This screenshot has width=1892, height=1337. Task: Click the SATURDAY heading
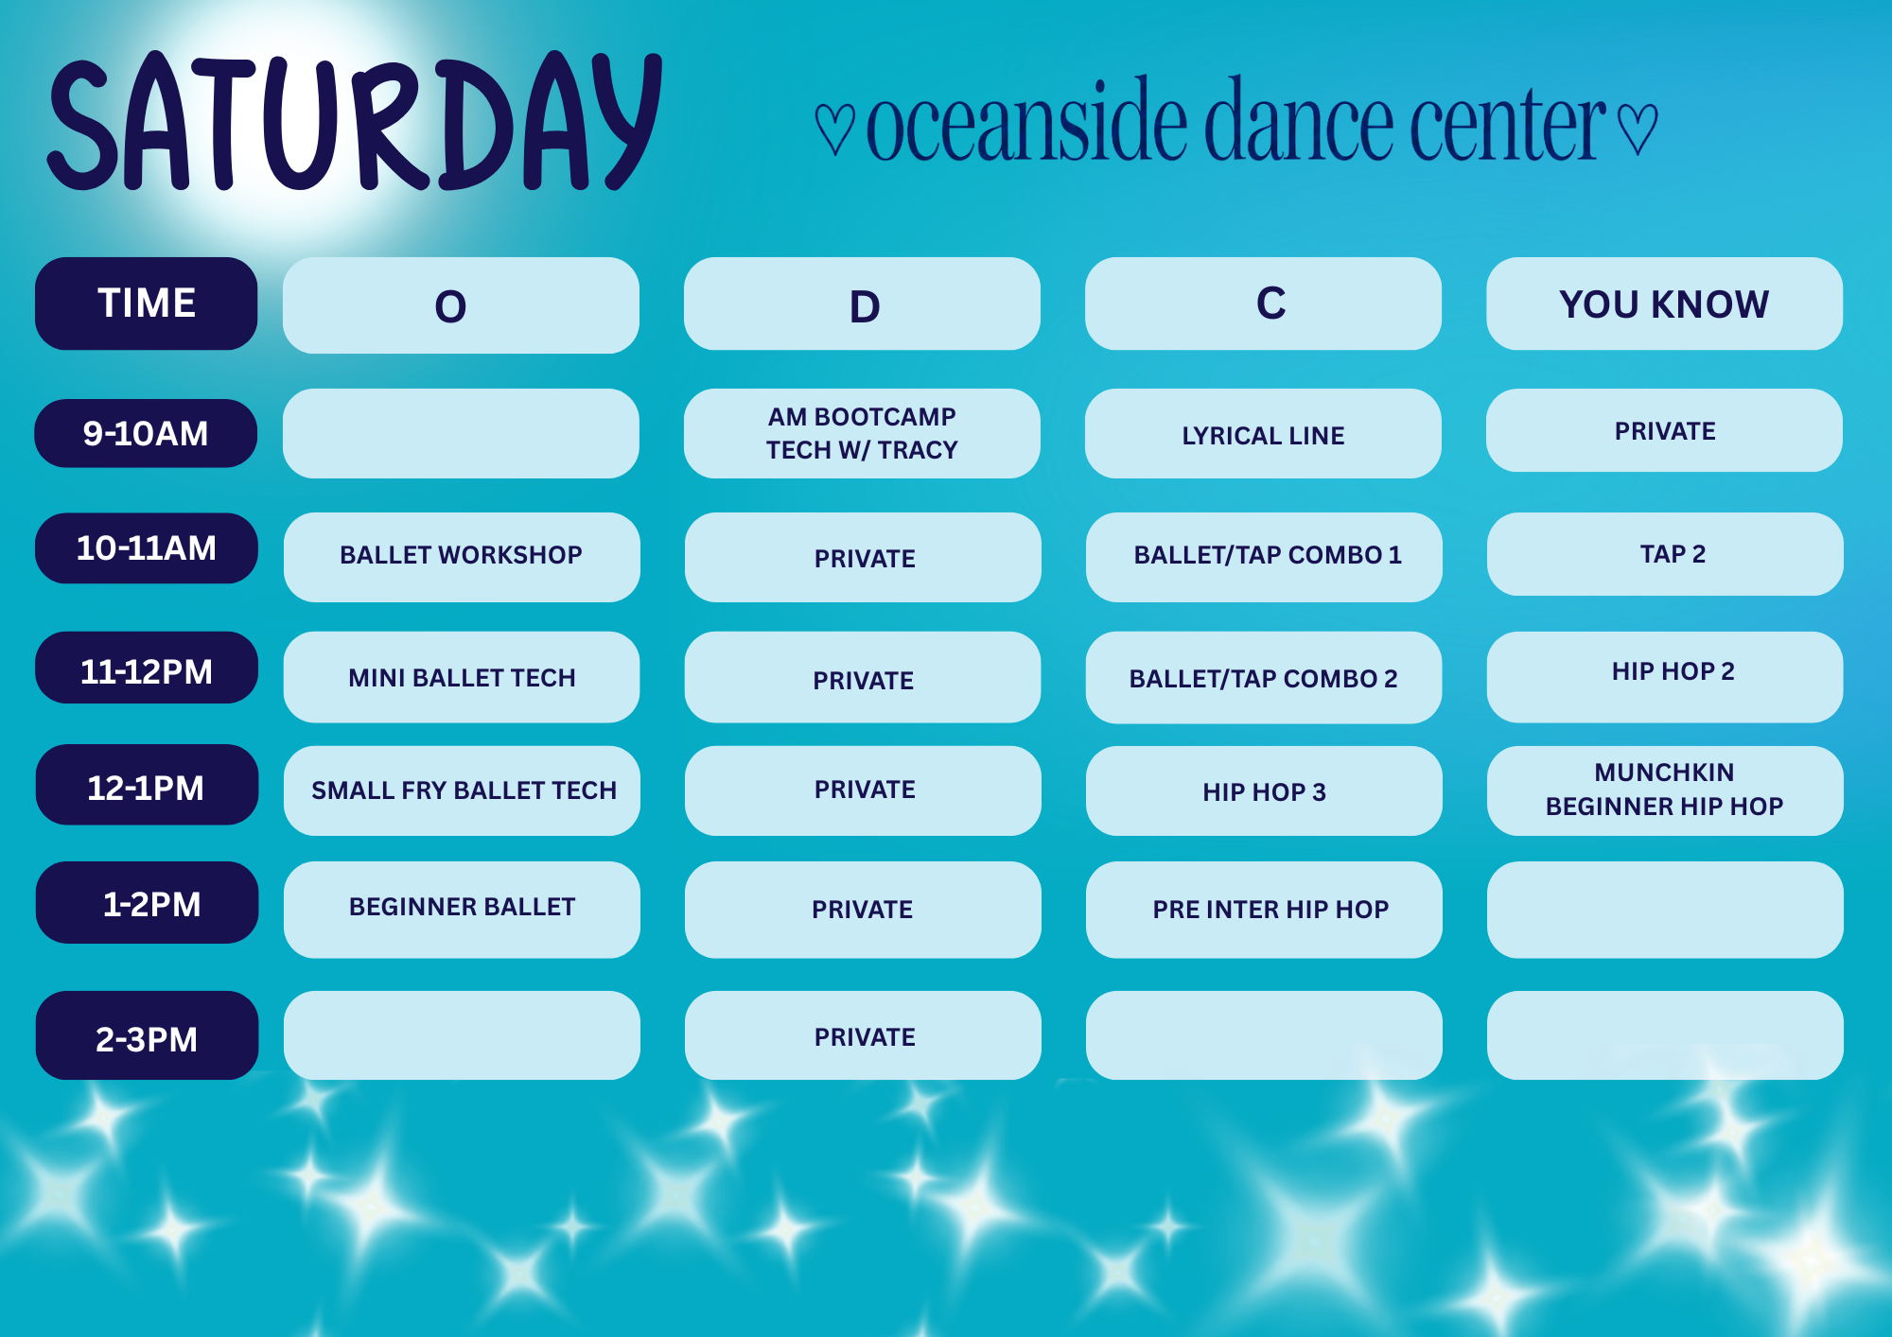pyautogui.click(x=355, y=121)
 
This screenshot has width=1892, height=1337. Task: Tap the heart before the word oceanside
pyautogui.click(x=834, y=129)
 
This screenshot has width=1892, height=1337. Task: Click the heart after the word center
pyautogui.click(x=1637, y=129)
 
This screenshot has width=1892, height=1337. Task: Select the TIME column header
pyautogui.click(x=147, y=304)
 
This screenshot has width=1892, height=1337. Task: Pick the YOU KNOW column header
pyautogui.click(x=1664, y=304)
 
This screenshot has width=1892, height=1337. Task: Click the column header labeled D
pyautogui.click(x=862, y=304)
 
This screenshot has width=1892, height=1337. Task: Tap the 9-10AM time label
pyautogui.click(x=146, y=433)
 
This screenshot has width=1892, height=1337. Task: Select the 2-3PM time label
pyautogui.click(x=147, y=1035)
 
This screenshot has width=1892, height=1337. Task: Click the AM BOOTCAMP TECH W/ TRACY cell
pyautogui.click(x=862, y=433)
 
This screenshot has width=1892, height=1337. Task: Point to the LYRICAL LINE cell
pyautogui.click(x=1263, y=433)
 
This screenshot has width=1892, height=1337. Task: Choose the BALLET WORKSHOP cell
pyautogui.click(x=462, y=557)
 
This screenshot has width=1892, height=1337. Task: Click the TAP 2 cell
pyautogui.click(x=1665, y=554)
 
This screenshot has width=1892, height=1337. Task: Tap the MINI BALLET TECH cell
pyautogui.click(x=462, y=677)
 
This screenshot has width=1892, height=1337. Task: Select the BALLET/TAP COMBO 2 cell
pyautogui.click(x=1264, y=678)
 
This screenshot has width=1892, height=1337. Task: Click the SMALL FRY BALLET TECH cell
pyautogui.click(x=462, y=790)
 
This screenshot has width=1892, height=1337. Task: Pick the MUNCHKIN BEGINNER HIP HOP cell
pyautogui.click(x=1665, y=790)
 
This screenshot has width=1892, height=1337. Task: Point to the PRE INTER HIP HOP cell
pyautogui.click(x=1264, y=910)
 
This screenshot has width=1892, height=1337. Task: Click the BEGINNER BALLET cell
pyautogui.click(x=462, y=910)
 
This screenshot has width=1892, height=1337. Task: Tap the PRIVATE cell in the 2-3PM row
pyautogui.click(x=863, y=1035)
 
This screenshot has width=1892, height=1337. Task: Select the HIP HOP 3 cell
pyautogui.click(x=1264, y=790)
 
